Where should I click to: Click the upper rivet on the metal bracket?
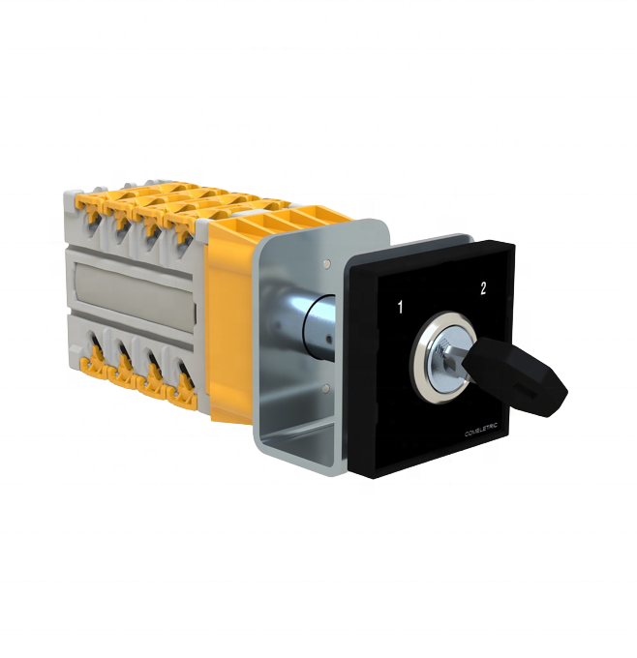pos(331,263)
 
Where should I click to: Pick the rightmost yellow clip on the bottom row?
pos(184,391)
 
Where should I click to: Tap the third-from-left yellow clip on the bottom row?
pos(152,382)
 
